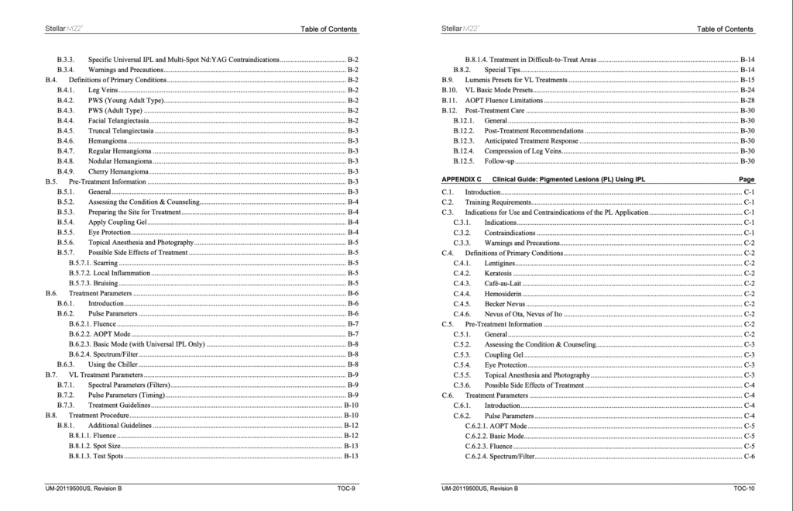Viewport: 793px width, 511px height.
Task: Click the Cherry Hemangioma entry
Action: point(118,171)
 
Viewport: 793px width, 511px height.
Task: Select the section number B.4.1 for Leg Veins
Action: point(66,90)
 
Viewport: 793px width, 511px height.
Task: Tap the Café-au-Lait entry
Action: point(503,284)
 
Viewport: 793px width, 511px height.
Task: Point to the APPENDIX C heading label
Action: point(462,179)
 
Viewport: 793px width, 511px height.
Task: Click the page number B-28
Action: point(747,100)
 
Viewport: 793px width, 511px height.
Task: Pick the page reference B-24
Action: point(747,90)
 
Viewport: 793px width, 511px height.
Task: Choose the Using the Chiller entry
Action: point(112,364)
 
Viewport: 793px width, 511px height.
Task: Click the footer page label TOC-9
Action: point(346,489)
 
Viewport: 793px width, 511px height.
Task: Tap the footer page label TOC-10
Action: point(743,489)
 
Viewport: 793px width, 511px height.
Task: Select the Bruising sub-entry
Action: point(105,284)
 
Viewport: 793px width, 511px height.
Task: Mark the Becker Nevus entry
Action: point(504,304)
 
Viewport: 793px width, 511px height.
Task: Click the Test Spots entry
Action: point(108,456)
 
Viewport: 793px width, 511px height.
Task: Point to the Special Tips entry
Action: point(502,70)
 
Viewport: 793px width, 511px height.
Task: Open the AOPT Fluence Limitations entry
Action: point(503,100)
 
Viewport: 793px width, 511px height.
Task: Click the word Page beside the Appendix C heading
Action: point(747,179)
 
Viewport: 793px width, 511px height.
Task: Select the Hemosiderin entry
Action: point(503,294)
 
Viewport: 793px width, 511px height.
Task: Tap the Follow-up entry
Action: point(499,161)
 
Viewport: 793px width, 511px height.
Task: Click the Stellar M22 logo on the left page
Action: point(64,29)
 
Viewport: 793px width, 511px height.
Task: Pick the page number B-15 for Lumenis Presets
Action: point(747,80)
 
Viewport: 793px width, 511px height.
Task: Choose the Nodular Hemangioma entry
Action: point(120,161)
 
